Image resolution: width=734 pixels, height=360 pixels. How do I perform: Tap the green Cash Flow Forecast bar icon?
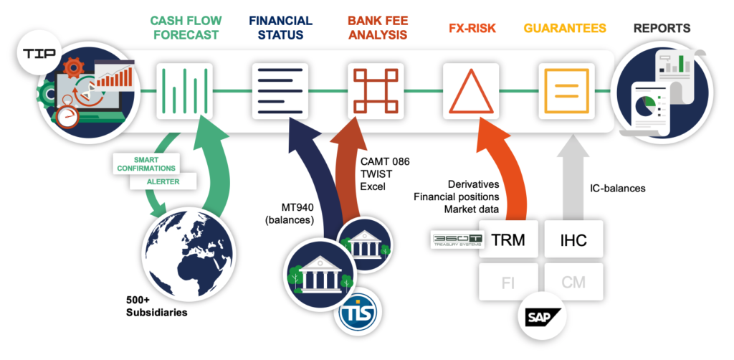185,90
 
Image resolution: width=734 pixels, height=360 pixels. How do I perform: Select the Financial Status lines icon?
280,90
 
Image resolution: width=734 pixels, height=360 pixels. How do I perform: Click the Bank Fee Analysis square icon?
376,90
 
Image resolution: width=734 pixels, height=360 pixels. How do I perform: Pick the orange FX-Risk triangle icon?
471,91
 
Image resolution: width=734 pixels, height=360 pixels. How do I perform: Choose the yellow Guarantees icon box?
566,90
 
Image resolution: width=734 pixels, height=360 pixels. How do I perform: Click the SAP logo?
541,316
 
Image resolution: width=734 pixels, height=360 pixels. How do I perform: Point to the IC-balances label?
617,189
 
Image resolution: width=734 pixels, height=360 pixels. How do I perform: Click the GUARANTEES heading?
565,29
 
